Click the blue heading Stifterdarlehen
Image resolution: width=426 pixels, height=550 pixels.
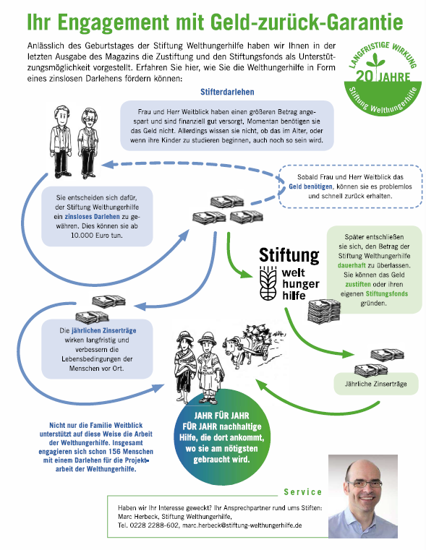click(227, 92)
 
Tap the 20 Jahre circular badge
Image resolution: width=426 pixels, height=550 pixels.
click(383, 79)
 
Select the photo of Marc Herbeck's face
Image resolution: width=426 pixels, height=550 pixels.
click(363, 496)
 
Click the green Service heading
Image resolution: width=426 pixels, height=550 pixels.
click(302, 492)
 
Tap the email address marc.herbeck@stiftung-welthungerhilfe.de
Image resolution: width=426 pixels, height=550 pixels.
click(242, 525)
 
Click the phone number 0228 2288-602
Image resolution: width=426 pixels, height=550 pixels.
click(154, 525)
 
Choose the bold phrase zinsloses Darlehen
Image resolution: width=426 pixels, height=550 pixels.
click(92, 216)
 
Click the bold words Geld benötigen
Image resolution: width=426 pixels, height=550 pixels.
click(310, 186)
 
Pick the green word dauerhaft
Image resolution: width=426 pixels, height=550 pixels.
click(352, 265)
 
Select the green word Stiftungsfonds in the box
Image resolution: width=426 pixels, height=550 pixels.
click(387, 293)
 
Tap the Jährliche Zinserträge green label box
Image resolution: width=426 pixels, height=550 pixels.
click(376, 384)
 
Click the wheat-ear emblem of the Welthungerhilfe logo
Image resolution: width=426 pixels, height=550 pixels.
click(269, 283)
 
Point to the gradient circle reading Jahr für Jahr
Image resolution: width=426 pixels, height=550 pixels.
click(222, 437)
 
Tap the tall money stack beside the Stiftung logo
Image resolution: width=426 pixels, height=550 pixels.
click(323, 311)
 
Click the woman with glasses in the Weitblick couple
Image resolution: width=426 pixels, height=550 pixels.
click(88, 143)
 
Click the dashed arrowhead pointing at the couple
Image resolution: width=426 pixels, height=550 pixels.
click(107, 164)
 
